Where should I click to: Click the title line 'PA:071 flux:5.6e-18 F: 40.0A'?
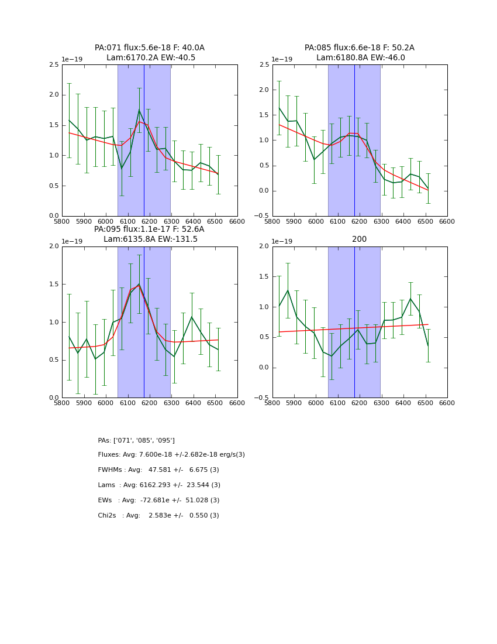point(150,48)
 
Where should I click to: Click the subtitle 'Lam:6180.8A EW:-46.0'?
point(360,58)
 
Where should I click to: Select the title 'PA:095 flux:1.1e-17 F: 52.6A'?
point(149,229)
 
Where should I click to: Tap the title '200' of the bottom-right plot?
point(360,239)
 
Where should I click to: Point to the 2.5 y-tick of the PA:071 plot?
point(53,64)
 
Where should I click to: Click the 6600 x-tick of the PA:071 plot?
point(237,222)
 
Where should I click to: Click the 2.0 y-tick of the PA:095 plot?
point(53,246)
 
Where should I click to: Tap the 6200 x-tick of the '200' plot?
point(360,403)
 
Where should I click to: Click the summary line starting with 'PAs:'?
point(136,440)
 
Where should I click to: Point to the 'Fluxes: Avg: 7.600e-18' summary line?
point(171,455)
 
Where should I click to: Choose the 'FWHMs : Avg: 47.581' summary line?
point(158,470)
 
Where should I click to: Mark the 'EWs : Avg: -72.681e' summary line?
point(158,501)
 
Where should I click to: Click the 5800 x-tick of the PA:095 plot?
point(62,403)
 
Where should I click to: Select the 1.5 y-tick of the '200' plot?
point(263,277)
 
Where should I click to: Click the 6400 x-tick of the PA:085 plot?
point(403,222)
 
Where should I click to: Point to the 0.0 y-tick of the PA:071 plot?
point(53,216)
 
